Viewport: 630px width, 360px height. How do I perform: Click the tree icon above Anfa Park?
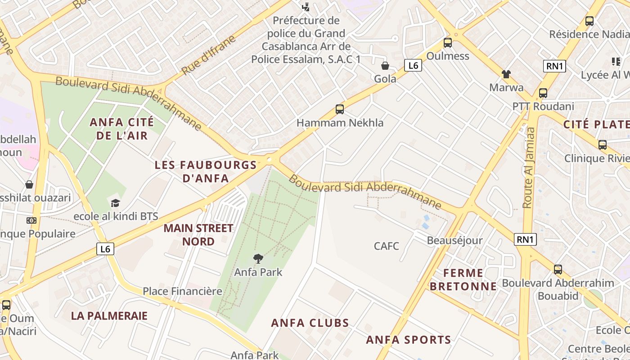(258, 258)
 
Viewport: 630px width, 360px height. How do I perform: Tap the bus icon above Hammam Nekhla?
(340, 109)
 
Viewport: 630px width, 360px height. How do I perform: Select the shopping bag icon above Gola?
(385, 66)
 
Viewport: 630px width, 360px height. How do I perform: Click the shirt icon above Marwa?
(506, 74)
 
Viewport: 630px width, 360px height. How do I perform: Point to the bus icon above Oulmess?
(447, 43)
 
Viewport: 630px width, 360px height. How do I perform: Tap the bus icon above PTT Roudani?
(543, 93)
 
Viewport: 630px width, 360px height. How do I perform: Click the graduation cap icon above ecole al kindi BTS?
(116, 203)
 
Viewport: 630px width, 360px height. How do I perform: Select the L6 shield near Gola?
(413, 66)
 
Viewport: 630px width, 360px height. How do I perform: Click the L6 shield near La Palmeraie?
(105, 249)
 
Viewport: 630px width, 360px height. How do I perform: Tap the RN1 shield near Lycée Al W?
(554, 66)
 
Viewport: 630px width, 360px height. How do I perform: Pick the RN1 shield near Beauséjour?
(526, 239)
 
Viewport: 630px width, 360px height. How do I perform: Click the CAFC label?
(387, 246)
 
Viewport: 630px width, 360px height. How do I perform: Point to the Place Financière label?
(182, 291)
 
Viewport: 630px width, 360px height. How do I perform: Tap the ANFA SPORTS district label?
(409, 340)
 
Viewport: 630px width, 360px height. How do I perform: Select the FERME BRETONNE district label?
(463, 279)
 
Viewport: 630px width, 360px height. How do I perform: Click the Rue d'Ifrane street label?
(209, 55)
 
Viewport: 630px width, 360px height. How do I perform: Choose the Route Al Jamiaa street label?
(529, 167)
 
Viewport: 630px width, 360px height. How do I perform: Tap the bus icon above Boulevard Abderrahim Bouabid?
(558, 270)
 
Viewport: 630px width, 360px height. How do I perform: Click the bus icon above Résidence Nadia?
(589, 21)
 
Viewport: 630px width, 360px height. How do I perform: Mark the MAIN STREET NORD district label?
(198, 234)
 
